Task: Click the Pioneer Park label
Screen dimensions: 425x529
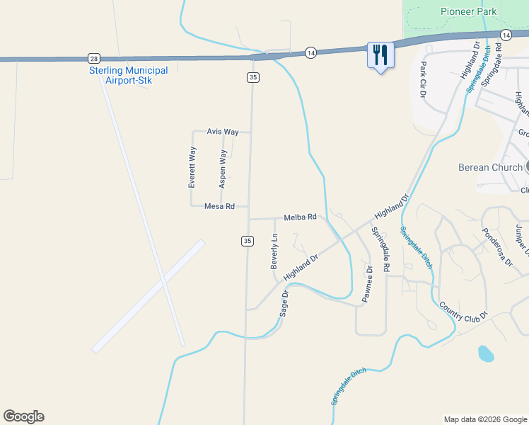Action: [468, 11]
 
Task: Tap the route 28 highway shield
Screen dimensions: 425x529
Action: [94, 58]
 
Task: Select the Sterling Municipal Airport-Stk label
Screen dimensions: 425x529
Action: [128, 75]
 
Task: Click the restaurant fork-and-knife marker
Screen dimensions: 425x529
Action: [380, 55]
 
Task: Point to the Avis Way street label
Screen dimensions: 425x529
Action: [223, 132]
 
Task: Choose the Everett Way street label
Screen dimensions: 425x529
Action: [192, 166]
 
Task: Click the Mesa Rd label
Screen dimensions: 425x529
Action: [219, 206]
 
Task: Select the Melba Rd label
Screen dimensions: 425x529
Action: [300, 217]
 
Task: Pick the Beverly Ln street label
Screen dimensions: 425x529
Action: [274, 252]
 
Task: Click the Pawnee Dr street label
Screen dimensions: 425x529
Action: [368, 284]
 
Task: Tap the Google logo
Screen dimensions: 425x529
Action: [23, 416]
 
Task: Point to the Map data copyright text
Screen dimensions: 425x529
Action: [486, 419]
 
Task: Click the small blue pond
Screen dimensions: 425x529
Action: [485, 353]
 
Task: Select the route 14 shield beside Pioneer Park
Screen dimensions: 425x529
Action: [505, 35]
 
